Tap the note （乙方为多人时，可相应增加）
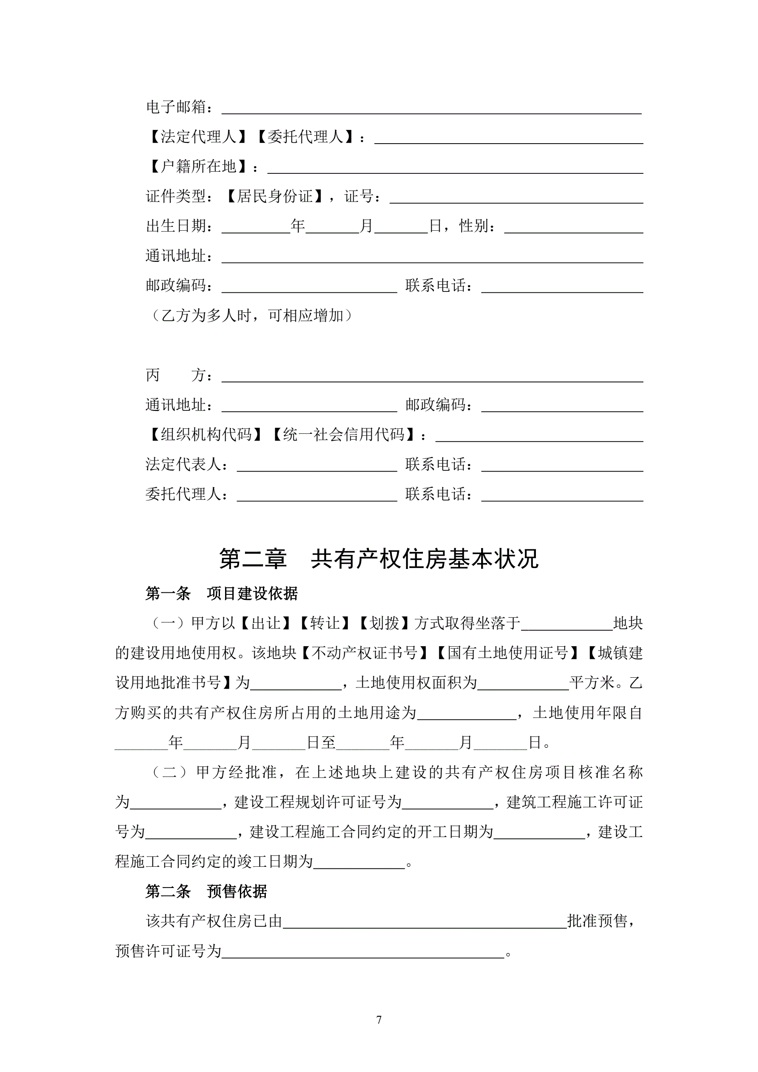click(251, 316)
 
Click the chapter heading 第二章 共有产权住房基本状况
click(378, 559)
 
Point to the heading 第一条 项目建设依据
click(221, 594)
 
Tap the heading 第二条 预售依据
click(206, 892)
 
